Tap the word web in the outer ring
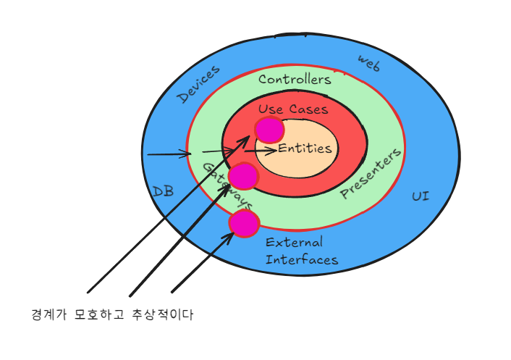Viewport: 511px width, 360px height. [369, 63]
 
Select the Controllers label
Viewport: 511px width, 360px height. [295, 79]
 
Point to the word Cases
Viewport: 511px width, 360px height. [308, 109]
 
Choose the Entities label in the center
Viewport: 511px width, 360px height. [305, 148]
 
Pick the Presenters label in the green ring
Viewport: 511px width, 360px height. [370, 175]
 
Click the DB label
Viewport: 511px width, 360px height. [163, 191]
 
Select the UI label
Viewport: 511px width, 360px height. [421, 196]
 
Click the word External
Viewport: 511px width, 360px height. [294, 242]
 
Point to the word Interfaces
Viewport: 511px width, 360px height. [301, 259]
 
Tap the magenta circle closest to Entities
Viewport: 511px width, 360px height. [269, 130]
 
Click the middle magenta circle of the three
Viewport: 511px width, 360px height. [243, 176]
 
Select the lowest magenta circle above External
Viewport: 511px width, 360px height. [244, 224]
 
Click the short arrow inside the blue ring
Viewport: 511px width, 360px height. [169, 154]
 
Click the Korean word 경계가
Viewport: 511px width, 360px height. [48, 315]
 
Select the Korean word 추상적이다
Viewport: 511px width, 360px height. [163, 315]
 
